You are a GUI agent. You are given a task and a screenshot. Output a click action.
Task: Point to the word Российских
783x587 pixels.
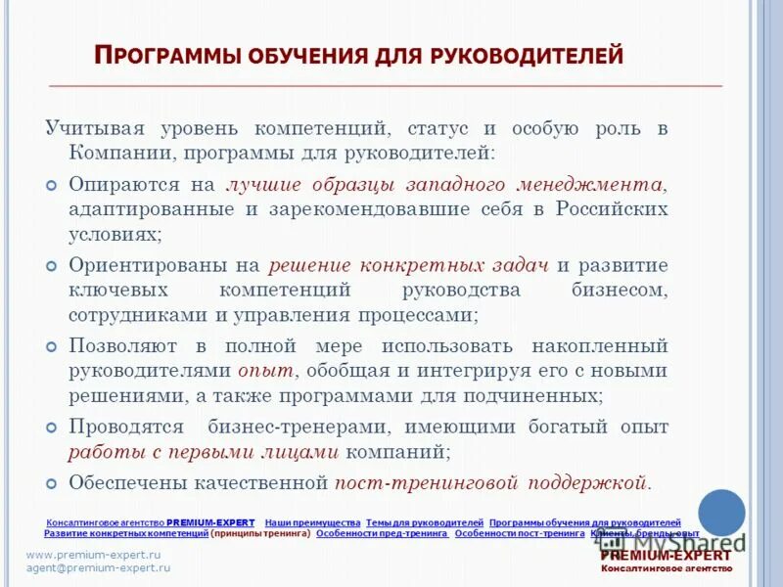[612, 209]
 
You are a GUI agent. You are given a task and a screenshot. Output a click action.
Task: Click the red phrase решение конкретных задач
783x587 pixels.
[409, 265]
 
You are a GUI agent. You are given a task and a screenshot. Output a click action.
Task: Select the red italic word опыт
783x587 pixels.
[266, 372]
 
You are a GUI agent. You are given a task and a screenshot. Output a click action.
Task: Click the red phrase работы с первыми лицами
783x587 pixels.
[204, 452]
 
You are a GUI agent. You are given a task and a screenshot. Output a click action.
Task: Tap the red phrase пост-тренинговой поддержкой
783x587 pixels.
[491, 483]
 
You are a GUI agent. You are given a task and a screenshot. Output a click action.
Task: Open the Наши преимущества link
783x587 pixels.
[312, 523]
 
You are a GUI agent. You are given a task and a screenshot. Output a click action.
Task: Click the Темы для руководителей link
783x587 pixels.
[425, 523]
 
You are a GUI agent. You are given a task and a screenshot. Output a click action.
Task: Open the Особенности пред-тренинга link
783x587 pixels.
[383, 534]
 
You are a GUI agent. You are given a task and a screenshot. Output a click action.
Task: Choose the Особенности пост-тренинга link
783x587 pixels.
[520, 534]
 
